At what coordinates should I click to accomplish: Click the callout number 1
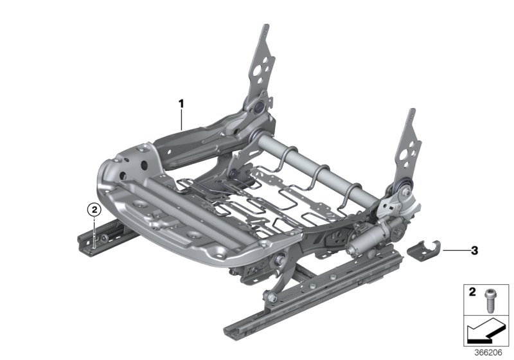(x=181, y=103)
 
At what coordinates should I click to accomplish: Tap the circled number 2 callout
(x=94, y=209)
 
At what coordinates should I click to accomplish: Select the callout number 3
(x=474, y=250)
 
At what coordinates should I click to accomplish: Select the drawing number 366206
(x=488, y=351)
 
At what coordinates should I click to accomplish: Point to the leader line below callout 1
(x=182, y=120)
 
